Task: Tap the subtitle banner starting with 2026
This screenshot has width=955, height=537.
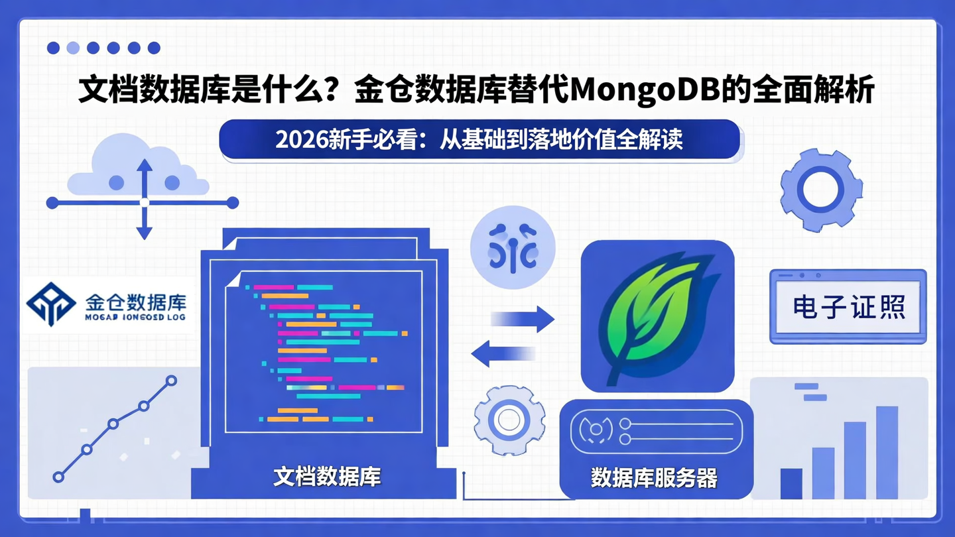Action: [479, 140]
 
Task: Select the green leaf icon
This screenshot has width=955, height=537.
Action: [657, 315]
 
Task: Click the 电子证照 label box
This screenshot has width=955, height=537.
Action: [848, 307]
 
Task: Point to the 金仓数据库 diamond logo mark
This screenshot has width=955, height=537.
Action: [51, 304]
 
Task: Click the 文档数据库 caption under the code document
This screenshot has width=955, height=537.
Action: [327, 476]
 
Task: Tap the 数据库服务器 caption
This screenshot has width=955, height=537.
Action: [653, 477]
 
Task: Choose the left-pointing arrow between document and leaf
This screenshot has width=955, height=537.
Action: [503, 353]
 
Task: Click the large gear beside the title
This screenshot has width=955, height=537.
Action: [821, 190]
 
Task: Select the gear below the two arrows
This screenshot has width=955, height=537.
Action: [509, 420]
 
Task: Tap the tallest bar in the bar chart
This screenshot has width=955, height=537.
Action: [887, 452]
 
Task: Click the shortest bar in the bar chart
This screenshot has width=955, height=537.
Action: [791, 483]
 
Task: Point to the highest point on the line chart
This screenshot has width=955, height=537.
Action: [171, 381]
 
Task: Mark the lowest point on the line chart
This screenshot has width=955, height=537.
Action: [58, 477]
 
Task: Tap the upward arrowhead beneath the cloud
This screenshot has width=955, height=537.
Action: [145, 166]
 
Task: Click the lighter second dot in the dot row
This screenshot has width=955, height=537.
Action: [74, 48]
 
